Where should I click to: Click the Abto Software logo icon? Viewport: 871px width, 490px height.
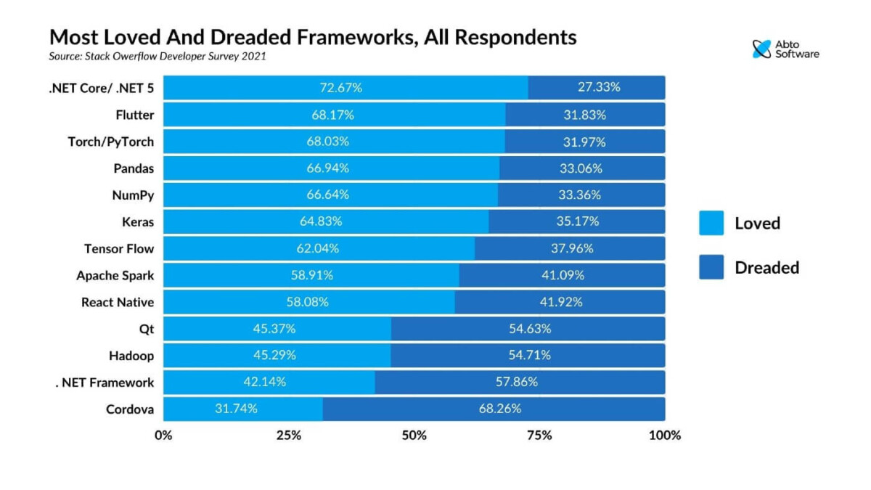[761, 49]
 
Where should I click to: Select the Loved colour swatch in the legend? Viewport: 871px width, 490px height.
[711, 223]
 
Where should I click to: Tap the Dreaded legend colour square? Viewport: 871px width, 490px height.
[711, 267]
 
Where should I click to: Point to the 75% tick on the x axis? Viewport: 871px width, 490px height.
[539, 436]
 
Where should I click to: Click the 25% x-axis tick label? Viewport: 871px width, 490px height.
[289, 436]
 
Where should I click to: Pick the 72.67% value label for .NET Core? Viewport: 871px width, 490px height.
[341, 88]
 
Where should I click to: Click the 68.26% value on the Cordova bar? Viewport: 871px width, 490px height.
[499, 409]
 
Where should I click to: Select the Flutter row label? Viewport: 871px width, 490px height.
[134, 115]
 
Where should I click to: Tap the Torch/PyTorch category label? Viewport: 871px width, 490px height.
[110, 142]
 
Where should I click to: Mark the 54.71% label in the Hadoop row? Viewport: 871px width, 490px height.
[529, 356]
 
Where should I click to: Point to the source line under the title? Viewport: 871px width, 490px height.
[158, 56]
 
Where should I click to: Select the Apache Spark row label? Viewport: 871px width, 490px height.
[115, 275]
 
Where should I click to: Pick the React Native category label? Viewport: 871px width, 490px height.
[117, 302]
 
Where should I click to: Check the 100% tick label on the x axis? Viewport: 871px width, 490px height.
[665, 436]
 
